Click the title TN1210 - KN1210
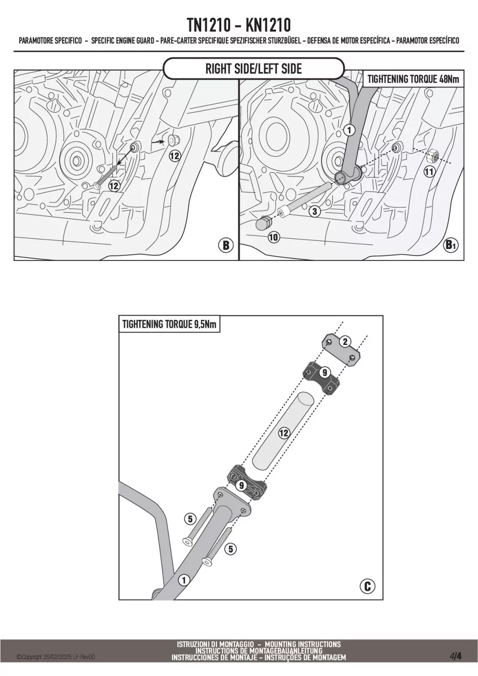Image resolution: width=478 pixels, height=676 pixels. pyautogui.click(x=239, y=24)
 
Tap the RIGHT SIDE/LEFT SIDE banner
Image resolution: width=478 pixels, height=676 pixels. pyautogui.click(x=253, y=69)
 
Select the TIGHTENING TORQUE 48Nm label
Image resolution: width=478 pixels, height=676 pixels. pyautogui.click(x=413, y=78)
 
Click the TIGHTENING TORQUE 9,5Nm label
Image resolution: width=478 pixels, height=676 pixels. pyautogui.click(x=169, y=324)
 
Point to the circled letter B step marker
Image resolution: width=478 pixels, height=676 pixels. pyautogui.click(x=226, y=245)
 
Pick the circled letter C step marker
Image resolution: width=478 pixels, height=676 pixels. pyautogui.click(x=367, y=586)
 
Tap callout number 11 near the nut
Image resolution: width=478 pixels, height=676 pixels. pyautogui.click(x=429, y=172)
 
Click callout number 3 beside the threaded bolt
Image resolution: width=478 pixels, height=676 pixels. pyautogui.click(x=315, y=211)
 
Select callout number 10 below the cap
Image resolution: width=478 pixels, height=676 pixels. pyautogui.click(x=274, y=238)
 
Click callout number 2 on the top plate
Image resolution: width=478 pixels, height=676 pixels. pyautogui.click(x=345, y=342)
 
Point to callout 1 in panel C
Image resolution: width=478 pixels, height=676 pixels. pyautogui.click(x=184, y=580)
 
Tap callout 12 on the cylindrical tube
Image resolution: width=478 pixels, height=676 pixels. pyautogui.click(x=283, y=433)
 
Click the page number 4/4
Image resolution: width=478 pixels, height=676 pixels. pyautogui.click(x=456, y=656)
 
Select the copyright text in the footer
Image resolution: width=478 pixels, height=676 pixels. pyautogui.click(x=56, y=657)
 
